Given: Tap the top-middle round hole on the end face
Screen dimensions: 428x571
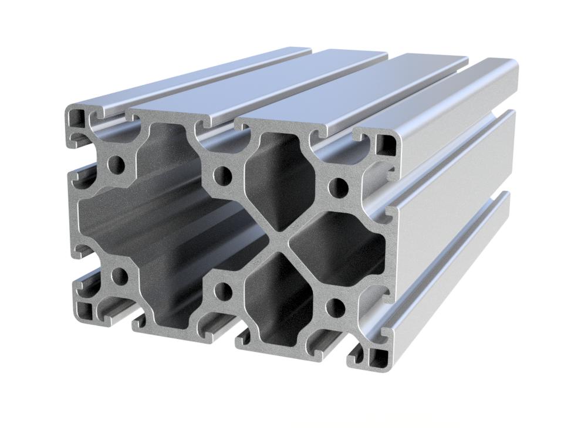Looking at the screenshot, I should [x=222, y=174].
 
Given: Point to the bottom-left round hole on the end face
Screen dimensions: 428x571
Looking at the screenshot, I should [x=119, y=276].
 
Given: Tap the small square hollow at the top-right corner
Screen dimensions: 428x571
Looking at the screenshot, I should [x=386, y=144].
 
